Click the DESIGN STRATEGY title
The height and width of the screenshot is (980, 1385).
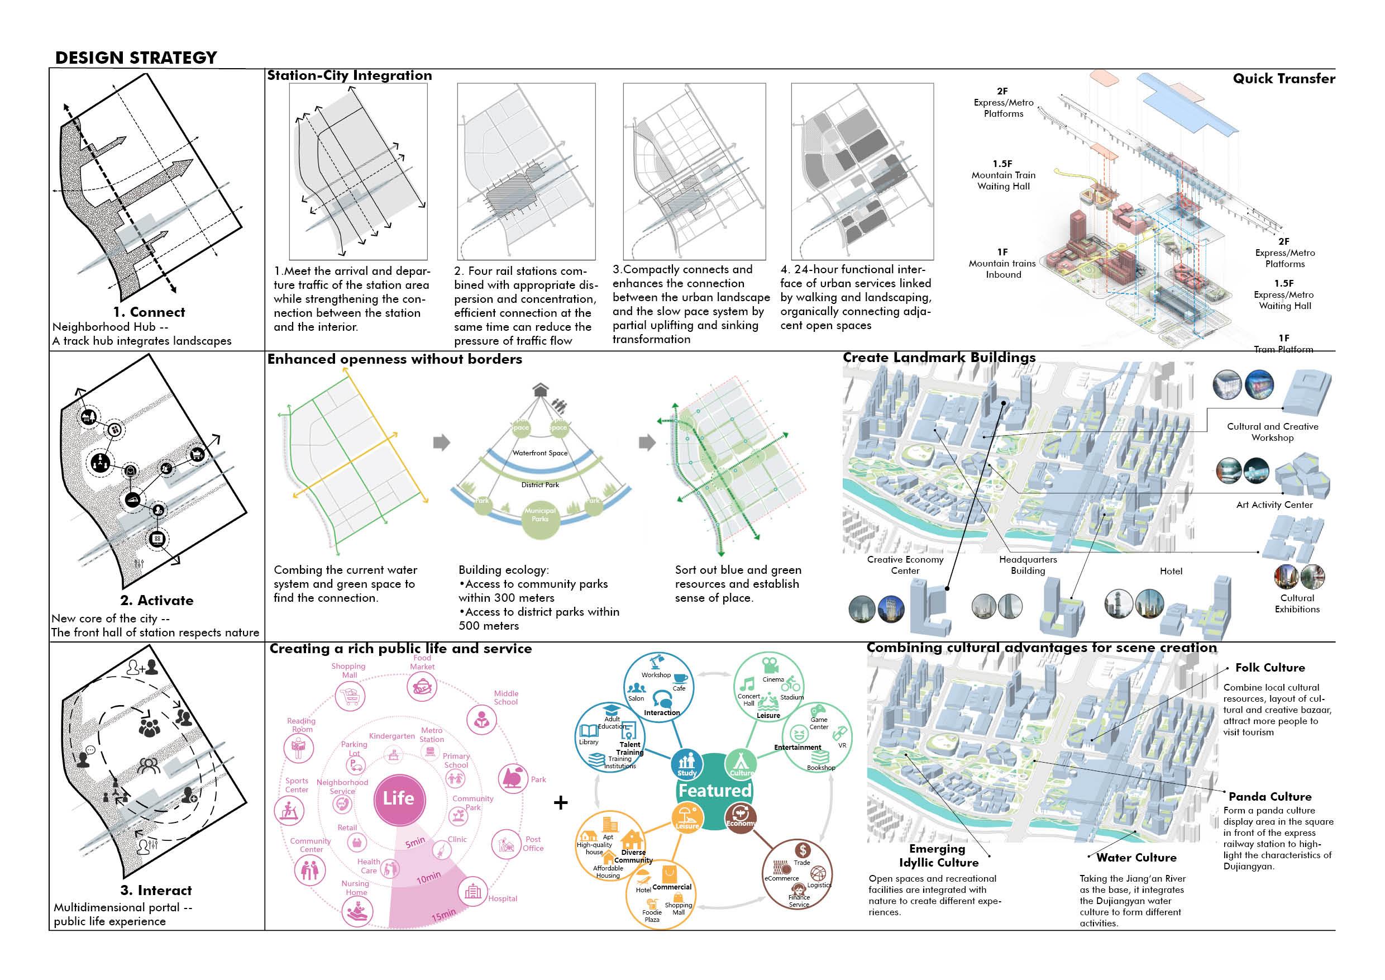[x=136, y=58]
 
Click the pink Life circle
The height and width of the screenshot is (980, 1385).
[x=399, y=798]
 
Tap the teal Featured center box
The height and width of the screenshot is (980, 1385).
[x=715, y=791]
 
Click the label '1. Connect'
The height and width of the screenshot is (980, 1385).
[x=149, y=312]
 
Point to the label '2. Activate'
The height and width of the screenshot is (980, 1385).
[x=157, y=601]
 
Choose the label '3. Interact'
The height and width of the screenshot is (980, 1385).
[x=156, y=891]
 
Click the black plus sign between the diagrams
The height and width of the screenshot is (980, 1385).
[x=560, y=802]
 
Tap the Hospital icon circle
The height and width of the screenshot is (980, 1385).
[x=473, y=891]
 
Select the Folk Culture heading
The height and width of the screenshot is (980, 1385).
[x=1269, y=668]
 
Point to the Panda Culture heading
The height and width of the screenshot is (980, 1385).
[x=1270, y=797]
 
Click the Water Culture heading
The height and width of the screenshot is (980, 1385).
[x=1136, y=858]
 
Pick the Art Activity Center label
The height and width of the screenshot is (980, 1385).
[x=1274, y=505]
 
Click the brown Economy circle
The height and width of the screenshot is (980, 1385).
[x=740, y=819]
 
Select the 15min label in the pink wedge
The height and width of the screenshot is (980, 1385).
[x=443, y=915]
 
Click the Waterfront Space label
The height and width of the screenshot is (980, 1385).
[x=540, y=453]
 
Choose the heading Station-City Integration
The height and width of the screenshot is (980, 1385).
[x=349, y=75]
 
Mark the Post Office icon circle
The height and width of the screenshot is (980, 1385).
[x=506, y=844]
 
